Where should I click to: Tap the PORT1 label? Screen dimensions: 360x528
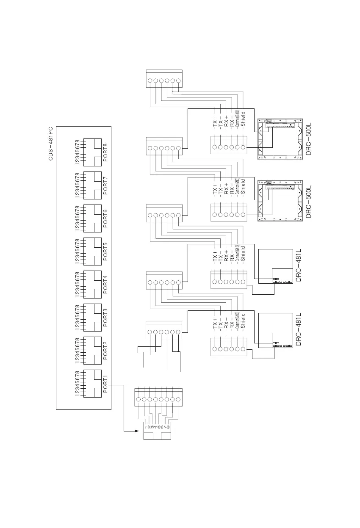pos(106,384)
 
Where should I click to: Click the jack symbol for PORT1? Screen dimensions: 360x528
pos(92,384)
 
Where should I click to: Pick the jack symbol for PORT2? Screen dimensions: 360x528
pos(92,351)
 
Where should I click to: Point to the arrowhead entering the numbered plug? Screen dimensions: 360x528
pos(137,431)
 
